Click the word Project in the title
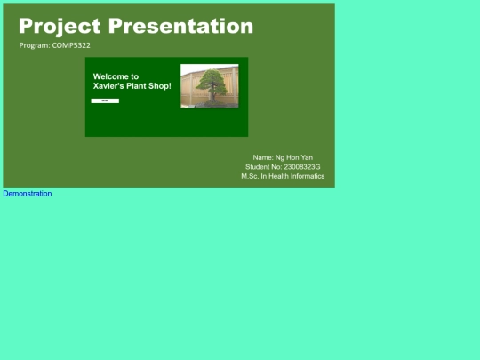[x=60, y=27]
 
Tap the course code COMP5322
[x=71, y=45]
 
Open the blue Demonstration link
[x=28, y=194]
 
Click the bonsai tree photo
[x=210, y=86]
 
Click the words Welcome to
[x=116, y=76]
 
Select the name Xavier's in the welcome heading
[x=110, y=87]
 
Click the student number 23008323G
[x=301, y=167]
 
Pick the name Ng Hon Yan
[x=294, y=157]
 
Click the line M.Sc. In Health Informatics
[x=283, y=177]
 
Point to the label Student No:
[x=263, y=167]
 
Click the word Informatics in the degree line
[x=305, y=177]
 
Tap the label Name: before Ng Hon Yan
[x=263, y=157]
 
